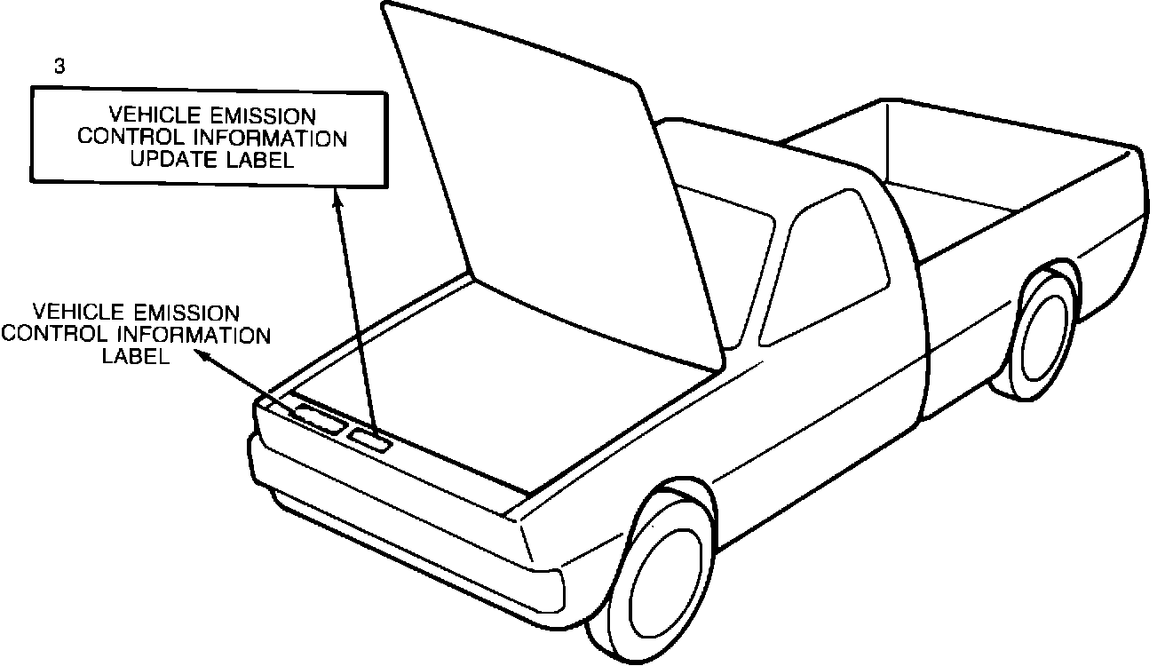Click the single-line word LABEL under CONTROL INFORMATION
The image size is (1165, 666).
136,356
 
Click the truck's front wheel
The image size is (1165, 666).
662,575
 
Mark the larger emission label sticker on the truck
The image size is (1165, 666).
318,417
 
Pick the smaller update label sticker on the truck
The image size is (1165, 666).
369,440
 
